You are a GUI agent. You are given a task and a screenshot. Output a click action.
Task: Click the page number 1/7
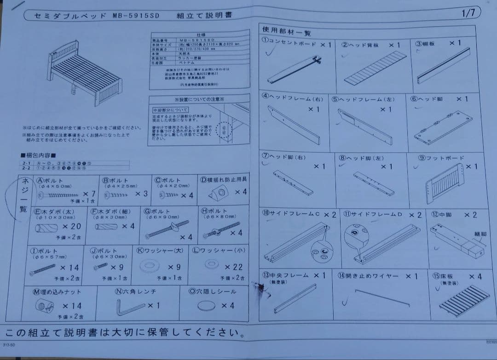coord(468,13)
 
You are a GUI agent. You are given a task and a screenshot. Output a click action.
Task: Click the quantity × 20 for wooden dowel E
coord(71,226)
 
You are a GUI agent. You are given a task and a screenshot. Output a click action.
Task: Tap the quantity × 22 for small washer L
coord(233,267)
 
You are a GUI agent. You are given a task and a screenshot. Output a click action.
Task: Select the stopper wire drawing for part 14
coord(381,297)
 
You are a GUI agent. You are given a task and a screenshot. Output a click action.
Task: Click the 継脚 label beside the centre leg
coord(480,234)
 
